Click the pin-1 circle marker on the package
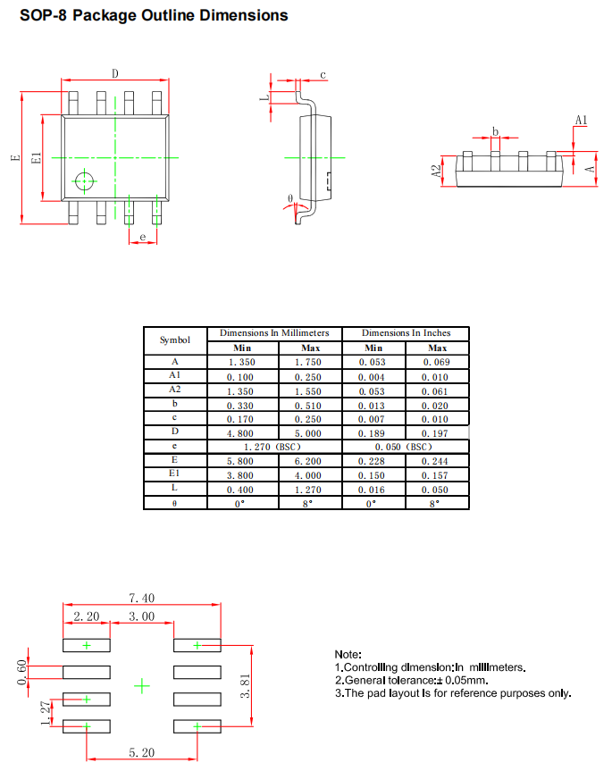[x=85, y=181]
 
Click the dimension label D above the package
[x=115, y=74]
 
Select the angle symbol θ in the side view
[x=289, y=197]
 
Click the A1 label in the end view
[x=581, y=121]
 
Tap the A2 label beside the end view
[x=436, y=172]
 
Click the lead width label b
[x=495, y=130]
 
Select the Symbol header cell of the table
[x=175, y=340]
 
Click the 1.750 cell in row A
[x=310, y=363]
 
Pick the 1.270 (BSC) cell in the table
[x=274, y=446]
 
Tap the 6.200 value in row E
[x=310, y=461]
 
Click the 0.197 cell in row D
[x=437, y=432]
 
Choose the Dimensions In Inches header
[x=406, y=333]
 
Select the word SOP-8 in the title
[x=43, y=15]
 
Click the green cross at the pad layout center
[x=142, y=685]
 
